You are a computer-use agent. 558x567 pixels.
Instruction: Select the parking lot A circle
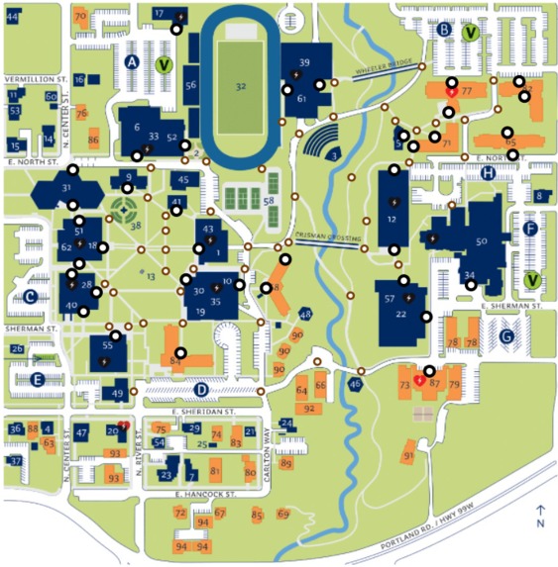tap(131, 61)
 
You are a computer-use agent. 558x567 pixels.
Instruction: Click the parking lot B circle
tap(445, 31)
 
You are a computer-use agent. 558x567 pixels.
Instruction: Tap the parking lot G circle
tap(507, 336)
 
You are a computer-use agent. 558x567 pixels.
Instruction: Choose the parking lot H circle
tap(488, 173)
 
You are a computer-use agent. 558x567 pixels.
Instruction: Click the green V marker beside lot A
tap(165, 65)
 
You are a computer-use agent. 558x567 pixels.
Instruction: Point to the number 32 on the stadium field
tap(240, 86)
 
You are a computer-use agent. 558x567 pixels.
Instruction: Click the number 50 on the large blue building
tap(482, 240)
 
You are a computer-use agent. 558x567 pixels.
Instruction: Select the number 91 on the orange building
tap(407, 455)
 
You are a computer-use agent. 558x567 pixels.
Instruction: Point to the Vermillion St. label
tap(35, 76)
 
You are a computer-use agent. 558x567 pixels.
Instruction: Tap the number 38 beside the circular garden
tap(137, 226)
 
